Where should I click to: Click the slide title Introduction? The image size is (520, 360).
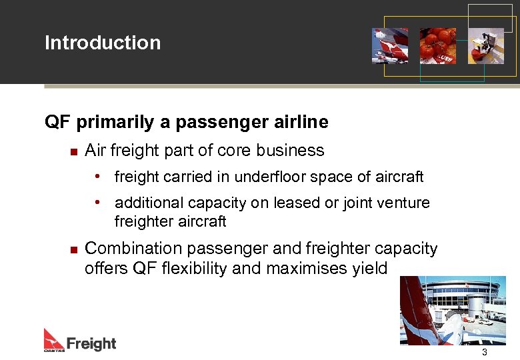tap(103, 43)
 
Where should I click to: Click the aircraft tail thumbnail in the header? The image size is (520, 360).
tap(390, 45)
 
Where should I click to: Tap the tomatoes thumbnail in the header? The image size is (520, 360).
tap(438, 45)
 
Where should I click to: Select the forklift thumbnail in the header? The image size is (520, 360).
tap(486, 45)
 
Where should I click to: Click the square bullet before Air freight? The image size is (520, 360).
tap(74, 151)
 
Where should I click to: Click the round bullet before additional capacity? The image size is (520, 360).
tap(98, 202)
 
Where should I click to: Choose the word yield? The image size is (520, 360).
tap(369, 268)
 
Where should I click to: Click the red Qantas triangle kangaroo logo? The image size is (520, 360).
tap(54, 339)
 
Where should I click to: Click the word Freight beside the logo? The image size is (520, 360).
tap(91, 343)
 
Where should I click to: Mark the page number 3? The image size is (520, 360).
tap(485, 352)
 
